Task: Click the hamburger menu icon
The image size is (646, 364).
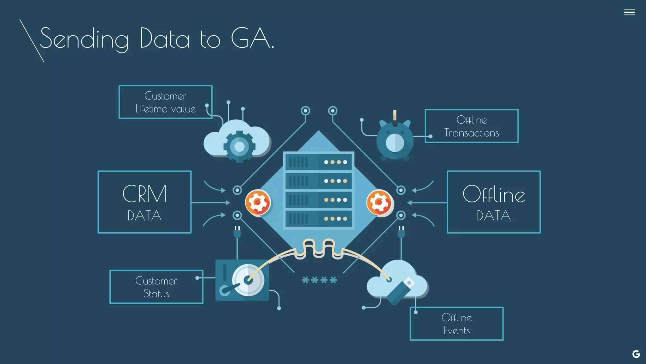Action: click(x=629, y=12)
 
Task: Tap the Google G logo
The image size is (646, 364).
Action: click(x=636, y=354)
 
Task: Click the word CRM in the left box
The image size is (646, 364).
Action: click(x=144, y=194)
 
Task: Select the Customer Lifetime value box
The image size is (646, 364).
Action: click(x=165, y=102)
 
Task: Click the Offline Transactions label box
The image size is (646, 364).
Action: click(x=471, y=126)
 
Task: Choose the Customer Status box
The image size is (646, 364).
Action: click(x=156, y=287)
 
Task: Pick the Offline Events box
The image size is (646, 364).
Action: click(x=456, y=324)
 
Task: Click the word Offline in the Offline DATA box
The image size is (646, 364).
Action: click(x=494, y=194)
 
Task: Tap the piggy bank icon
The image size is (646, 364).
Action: click(x=395, y=140)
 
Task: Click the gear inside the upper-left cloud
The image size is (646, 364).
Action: click(x=239, y=147)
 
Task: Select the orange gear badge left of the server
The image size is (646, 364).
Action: click(x=258, y=202)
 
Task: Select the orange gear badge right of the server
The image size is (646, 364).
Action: click(x=379, y=202)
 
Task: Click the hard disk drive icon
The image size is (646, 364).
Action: click(x=242, y=280)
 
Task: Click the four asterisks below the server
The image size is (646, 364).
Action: click(x=319, y=280)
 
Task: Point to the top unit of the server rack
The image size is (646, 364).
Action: click(x=318, y=162)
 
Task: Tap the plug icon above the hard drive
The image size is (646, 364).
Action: click(x=237, y=232)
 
